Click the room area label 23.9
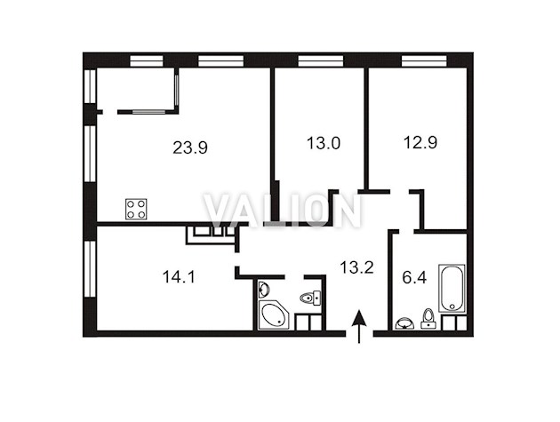point(190,147)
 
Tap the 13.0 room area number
point(324,143)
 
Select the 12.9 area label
point(420,142)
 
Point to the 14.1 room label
point(179,276)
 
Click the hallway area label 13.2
point(356,267)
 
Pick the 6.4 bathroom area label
point(414,277)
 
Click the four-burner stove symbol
point(136,209)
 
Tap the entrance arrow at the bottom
point(359,326)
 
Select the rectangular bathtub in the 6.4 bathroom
point(452,288)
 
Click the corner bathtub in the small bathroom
point(274,315)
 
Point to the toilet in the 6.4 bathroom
point(428,318)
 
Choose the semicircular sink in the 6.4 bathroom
point(404,323)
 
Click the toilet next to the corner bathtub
point(310,298)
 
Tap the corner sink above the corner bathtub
point(263,288)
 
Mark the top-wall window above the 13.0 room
point(321,60)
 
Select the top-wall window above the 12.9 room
point(424,60)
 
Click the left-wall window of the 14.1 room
point(91,269)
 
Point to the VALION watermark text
point(282,211)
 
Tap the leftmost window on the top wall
point(147,60)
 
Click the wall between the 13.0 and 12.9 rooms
point(366,129)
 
